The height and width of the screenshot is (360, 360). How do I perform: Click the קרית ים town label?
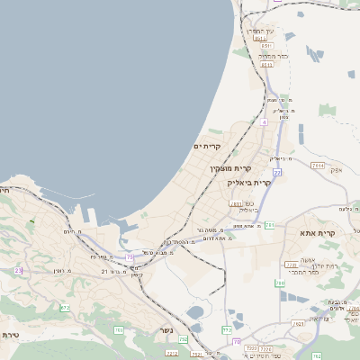pyautogui.click(x=207, y=146)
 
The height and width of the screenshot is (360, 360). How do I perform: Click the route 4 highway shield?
pyautogui.click(x=264, y=121)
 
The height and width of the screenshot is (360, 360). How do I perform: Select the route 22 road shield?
pyautogui.click(x=278, y=171)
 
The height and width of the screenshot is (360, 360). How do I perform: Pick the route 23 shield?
pyautogui.click(x=18, y=270)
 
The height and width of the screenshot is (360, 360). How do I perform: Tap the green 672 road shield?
pyautogui.click(x=65, y=308)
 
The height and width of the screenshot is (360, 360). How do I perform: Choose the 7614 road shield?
pyautogui.click(x=318, y=166)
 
